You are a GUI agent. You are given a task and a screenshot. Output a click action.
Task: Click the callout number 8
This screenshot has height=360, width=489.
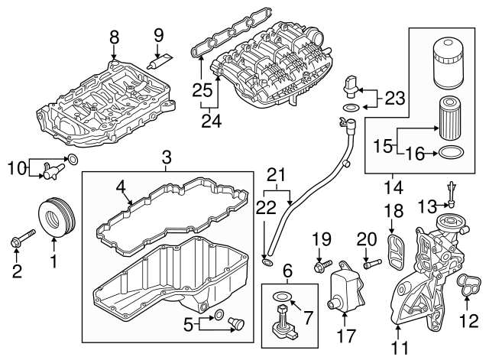pos(114,36)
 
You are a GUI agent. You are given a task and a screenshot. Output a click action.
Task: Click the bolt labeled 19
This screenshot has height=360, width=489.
pos(322,268)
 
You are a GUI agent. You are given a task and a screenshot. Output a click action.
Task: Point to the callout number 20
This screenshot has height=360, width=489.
pos(368,238)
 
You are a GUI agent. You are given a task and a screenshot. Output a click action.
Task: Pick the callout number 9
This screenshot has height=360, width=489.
pos(159,34)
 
